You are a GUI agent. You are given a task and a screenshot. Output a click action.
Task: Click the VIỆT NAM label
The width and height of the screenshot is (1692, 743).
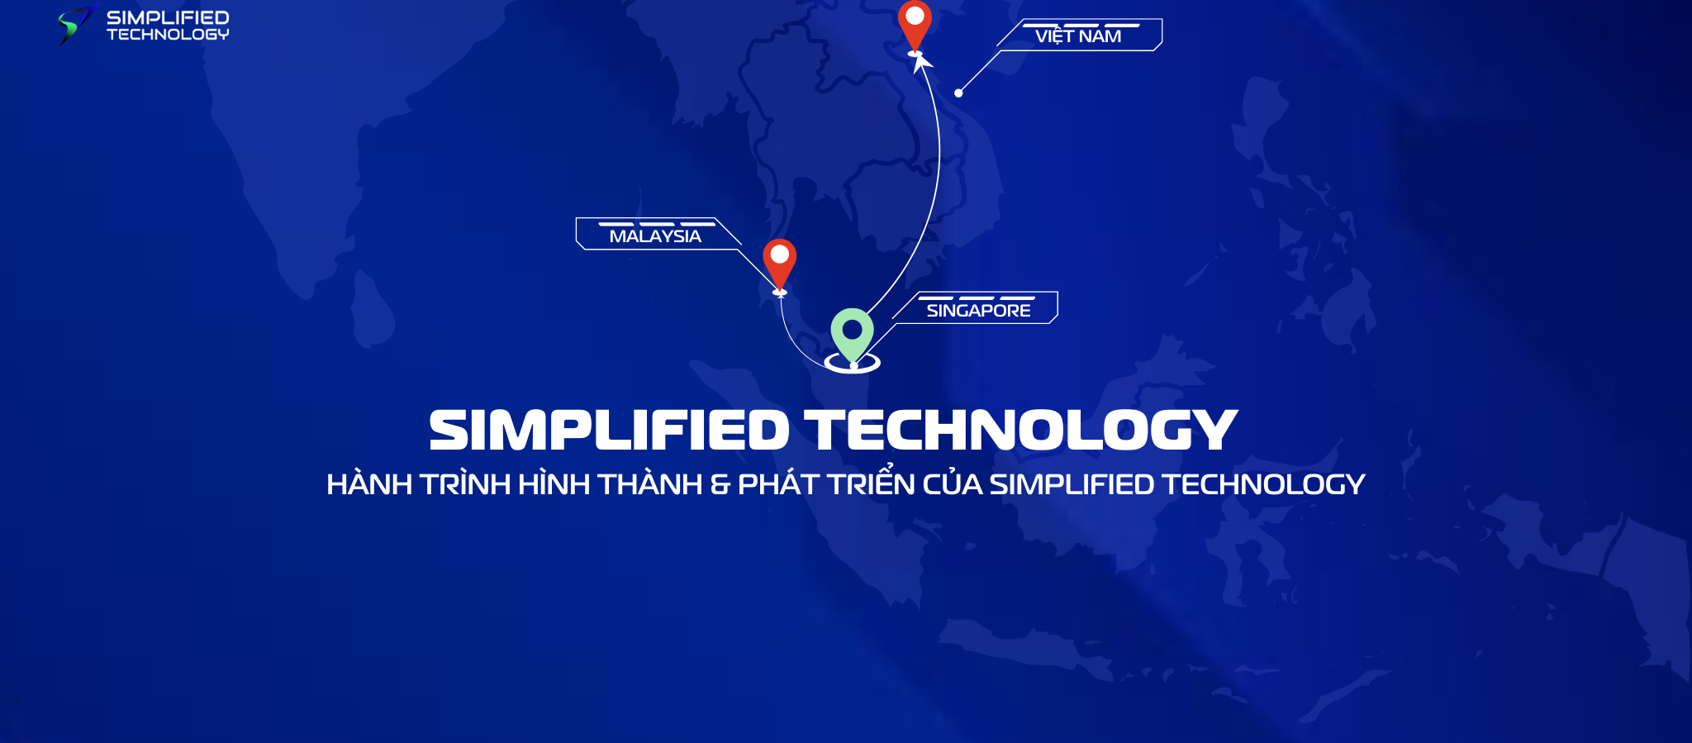tap(1078, 36)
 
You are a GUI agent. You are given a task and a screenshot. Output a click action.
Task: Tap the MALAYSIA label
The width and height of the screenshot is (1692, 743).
tap(654, 236)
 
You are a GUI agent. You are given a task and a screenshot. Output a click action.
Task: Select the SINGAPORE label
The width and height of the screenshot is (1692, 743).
tap(978, 311)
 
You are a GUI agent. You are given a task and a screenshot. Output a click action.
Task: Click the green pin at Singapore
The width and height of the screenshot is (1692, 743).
tap(852, 331)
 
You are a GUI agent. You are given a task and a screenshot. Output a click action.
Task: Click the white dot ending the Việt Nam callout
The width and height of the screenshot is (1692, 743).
tap(958, 93)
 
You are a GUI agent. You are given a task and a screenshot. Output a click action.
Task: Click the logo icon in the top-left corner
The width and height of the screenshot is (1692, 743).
tap(76, 24)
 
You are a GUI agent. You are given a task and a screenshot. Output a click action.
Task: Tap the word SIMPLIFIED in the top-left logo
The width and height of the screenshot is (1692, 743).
tap(168, 17)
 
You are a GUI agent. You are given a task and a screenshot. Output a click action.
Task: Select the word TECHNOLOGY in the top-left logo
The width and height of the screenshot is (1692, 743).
tap(168, 35)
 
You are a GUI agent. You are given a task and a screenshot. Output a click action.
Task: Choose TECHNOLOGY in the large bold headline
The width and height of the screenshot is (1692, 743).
tap(1021, 431)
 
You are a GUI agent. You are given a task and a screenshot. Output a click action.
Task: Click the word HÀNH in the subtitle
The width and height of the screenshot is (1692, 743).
tap(368, 484)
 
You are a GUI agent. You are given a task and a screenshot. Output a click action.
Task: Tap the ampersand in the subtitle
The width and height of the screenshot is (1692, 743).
tap(720, 485)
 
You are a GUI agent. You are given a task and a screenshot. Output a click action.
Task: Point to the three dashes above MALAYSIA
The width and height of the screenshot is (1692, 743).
tap(657, 224)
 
